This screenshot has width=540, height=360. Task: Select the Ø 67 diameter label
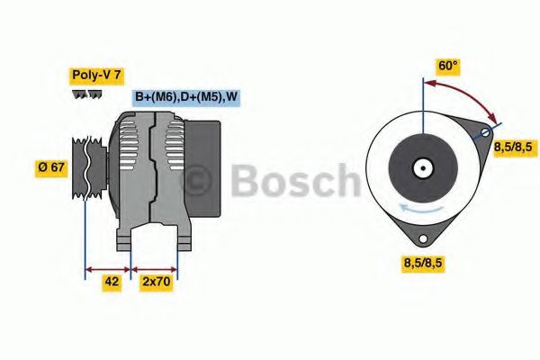pos(51,166)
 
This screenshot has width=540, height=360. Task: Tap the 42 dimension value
pos(111,282)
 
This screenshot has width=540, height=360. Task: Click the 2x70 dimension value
pos(157,282)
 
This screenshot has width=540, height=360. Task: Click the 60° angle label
pos(447,66)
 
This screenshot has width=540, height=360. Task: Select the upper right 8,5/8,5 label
pos(516,147)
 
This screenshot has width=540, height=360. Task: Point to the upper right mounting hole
pos(486,133)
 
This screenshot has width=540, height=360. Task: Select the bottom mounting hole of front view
pos(423,238)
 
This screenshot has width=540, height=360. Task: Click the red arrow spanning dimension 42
pos(108,267)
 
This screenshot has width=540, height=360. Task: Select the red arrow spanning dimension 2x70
pos(155,267)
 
